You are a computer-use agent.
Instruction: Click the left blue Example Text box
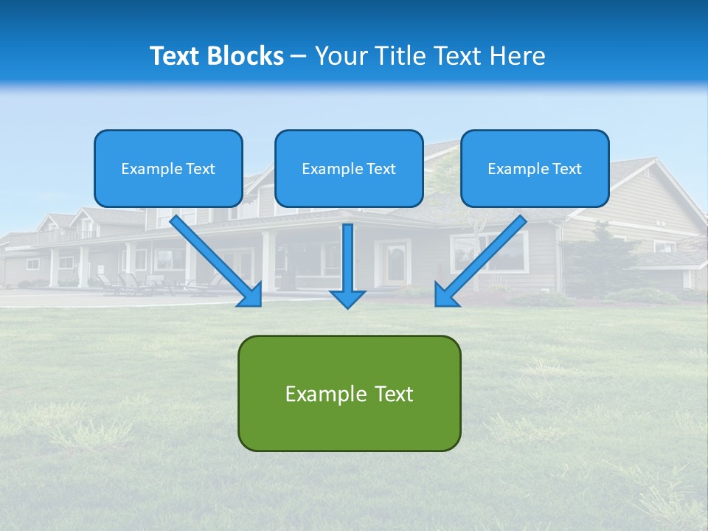(168, 168)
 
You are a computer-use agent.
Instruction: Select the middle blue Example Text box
(349, 168)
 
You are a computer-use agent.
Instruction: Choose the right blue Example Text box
(535, 168)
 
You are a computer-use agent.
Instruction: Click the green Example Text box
(349, 393)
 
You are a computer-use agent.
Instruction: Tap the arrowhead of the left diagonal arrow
(251, 296)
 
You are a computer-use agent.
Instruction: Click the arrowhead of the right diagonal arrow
(445, 296)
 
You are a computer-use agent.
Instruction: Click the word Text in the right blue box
(567, 169)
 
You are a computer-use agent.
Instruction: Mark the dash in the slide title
(299, 57)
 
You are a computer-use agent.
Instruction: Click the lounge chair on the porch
(131, 283)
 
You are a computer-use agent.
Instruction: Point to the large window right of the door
(490, 252)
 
